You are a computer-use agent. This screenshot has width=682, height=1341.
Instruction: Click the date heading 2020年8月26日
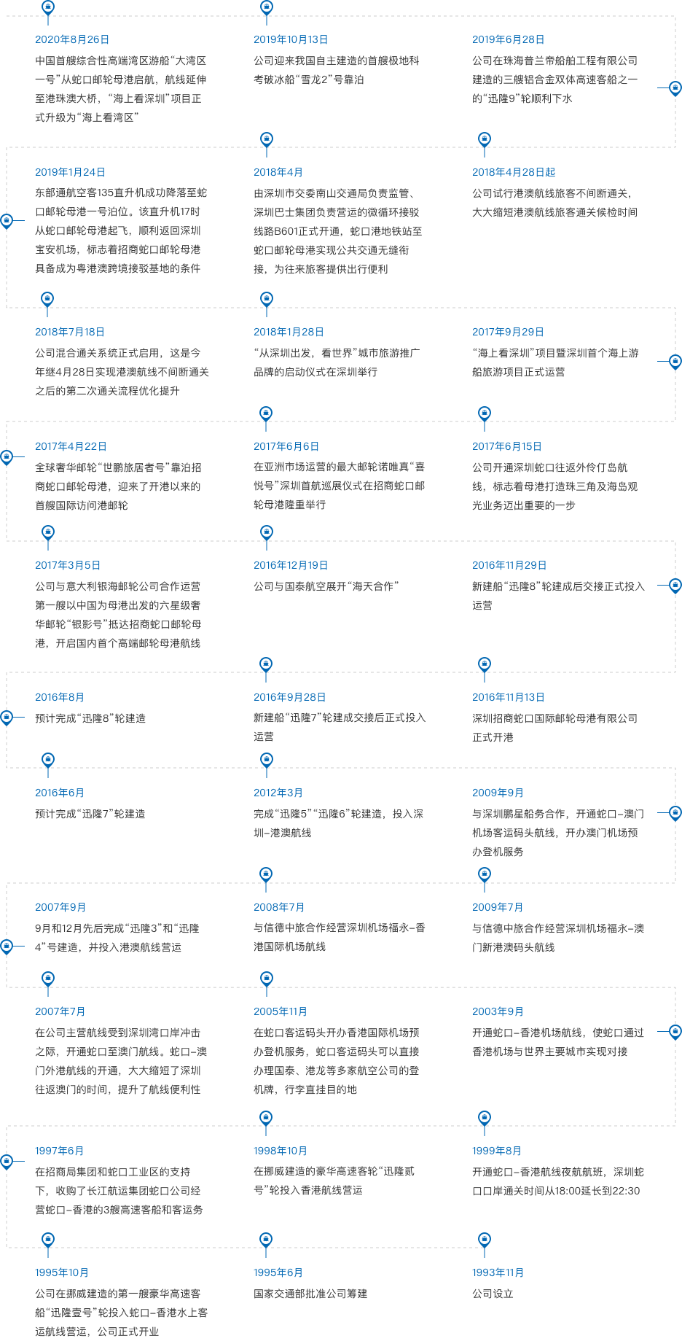point(72,39)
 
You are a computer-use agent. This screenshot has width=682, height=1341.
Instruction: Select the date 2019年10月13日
point(291,39)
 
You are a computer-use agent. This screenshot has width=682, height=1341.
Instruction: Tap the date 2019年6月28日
point(509,39)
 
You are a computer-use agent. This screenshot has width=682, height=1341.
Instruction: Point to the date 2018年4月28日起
point(514,172)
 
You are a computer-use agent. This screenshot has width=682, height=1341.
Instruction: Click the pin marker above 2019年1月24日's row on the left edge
point(7,220)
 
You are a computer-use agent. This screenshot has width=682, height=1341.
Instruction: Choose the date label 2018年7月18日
point(70,332)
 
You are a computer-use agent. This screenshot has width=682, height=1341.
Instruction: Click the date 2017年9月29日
point(509,332)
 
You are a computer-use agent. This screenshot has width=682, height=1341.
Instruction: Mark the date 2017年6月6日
point(286,446)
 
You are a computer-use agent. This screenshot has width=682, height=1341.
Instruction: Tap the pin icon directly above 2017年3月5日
point(48,533)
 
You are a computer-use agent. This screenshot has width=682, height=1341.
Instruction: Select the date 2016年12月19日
point(291,565)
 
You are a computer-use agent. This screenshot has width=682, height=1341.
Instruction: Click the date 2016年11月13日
point(509,697)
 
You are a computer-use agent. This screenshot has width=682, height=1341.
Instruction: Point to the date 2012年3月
point(278,793)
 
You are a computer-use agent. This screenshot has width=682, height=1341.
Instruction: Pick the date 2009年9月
point(498,793)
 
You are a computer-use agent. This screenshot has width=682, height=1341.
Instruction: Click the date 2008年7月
point(279,907)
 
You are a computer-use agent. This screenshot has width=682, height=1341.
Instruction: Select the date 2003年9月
point(498,1011)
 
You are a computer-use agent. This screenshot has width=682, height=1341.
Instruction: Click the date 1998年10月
point(281,1151)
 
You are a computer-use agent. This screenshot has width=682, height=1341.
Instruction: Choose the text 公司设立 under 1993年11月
point(493,1294)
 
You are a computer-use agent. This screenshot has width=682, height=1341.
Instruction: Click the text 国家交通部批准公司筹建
point(310,1294)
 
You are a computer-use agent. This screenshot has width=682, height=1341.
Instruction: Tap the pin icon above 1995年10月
point(48,1240)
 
